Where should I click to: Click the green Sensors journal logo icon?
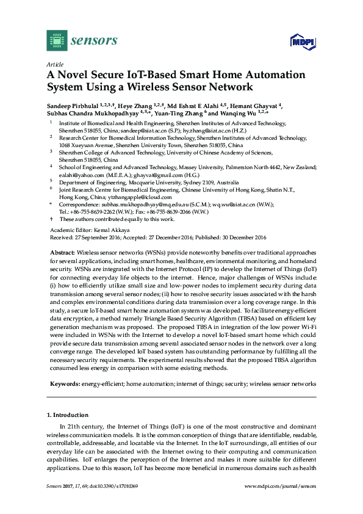click(x=57, y=40)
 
